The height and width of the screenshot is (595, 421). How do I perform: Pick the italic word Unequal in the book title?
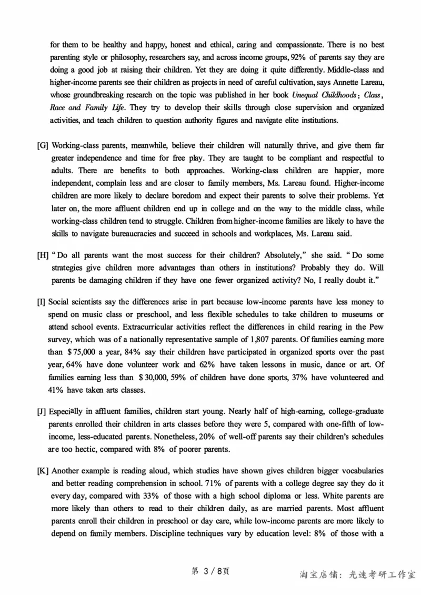[x=308, y=95]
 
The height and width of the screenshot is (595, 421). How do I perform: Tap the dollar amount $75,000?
[x=82, y=352]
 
